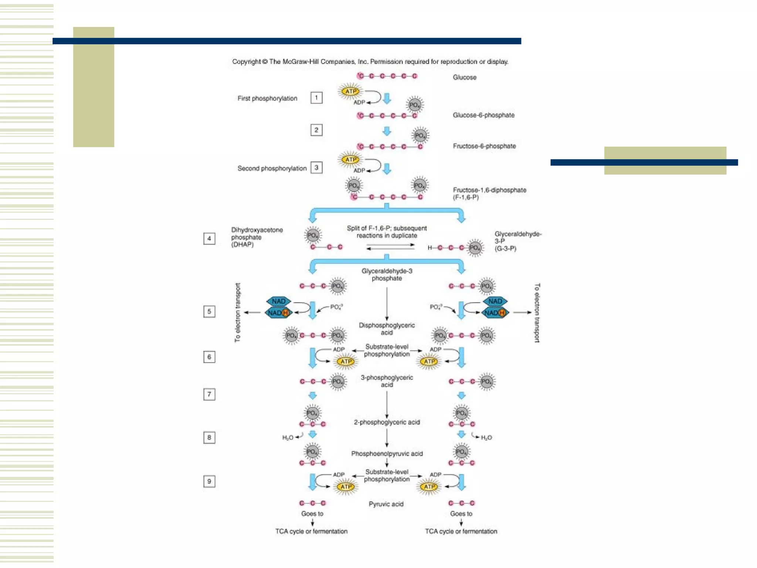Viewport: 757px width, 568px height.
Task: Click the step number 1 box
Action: pyautogui.click(x=316, y=98)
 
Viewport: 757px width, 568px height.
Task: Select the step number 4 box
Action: pyautogui.click(x=209, y=239)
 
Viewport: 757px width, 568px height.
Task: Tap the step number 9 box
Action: pyautogui.click(x=209, y=481)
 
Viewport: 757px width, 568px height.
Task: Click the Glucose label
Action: pyautogui.click(x=464, y=77)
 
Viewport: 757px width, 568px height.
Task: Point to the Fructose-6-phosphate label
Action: pyautogui.click(x=484, y=146)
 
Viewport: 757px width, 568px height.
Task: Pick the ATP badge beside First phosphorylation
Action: pyautogui.click(x=350, y=91)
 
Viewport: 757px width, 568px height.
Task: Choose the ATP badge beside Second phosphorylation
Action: pyautogui.click(x=350, y=159)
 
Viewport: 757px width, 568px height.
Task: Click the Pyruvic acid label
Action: pyautogui.click(x=386, y=504)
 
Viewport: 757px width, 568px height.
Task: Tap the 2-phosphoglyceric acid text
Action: pyautogui.click(x=387, y=422)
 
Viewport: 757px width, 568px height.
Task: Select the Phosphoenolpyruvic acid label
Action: pyautogui.click(x=387, y=454)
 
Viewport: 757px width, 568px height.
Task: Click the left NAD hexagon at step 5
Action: pyautogui.click(x=279, y=301)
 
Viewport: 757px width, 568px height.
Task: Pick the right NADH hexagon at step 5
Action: pyautogui.click(x=495, y=313)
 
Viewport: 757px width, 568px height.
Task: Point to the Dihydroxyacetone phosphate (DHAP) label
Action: pyautogui.click(x=257, y=237)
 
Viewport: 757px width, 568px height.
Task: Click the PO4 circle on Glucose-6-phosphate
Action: pyautogui.click(x=415, y=105)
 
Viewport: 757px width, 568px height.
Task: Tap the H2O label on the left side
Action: pyautogui.click(x=288, y=438)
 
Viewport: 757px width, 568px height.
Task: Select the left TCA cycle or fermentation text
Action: pyautogui.click(x=311, y=531)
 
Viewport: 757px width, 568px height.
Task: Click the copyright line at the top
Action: pyautogui.click(x=370, y=62)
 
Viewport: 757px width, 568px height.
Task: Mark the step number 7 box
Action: pyautogui.click(x=209, y=395)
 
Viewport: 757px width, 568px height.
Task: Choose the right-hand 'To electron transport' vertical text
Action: pyautogui.click(x=537, y=313)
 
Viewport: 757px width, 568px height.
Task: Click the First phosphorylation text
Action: pyautogui.click(x=267, y=98)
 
